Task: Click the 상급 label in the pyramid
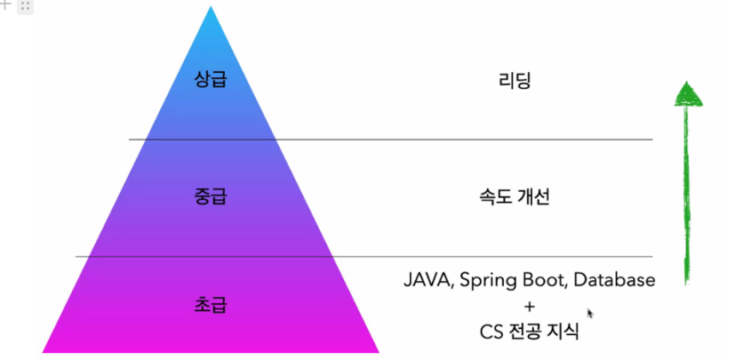[211, 79]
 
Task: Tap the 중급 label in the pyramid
[211, 195]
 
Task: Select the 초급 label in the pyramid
[211, 305]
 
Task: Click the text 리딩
[515, 81]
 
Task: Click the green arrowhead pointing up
[686, 92]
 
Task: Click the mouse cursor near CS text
[590, 313]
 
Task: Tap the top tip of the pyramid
[211, 9]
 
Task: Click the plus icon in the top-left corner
[5, 5]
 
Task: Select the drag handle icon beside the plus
[24, 6]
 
